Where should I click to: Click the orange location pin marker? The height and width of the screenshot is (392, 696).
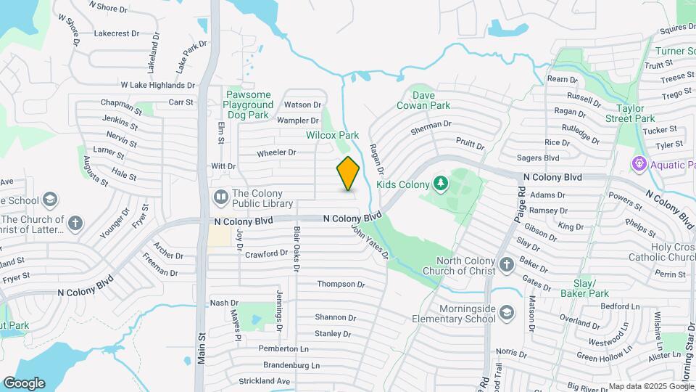pos(349,173)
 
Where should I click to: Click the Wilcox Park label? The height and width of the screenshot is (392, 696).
pos(333,135)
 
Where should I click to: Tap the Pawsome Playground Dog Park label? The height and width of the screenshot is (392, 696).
pos(248,105)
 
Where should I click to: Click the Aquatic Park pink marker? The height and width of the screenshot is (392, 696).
pos(639,165)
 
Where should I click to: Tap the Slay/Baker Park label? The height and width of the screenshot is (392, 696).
pos(584,288)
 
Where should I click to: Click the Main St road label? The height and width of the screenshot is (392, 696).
pos(201,344)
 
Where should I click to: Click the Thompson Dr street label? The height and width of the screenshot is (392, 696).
pos(341,284)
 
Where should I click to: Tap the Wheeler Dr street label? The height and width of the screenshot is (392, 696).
pos(276,152)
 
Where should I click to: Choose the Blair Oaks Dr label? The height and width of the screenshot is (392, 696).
pos(296,248)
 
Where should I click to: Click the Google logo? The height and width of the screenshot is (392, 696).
pos(24,383)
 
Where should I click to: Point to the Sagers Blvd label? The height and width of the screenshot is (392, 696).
pos(538,158)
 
